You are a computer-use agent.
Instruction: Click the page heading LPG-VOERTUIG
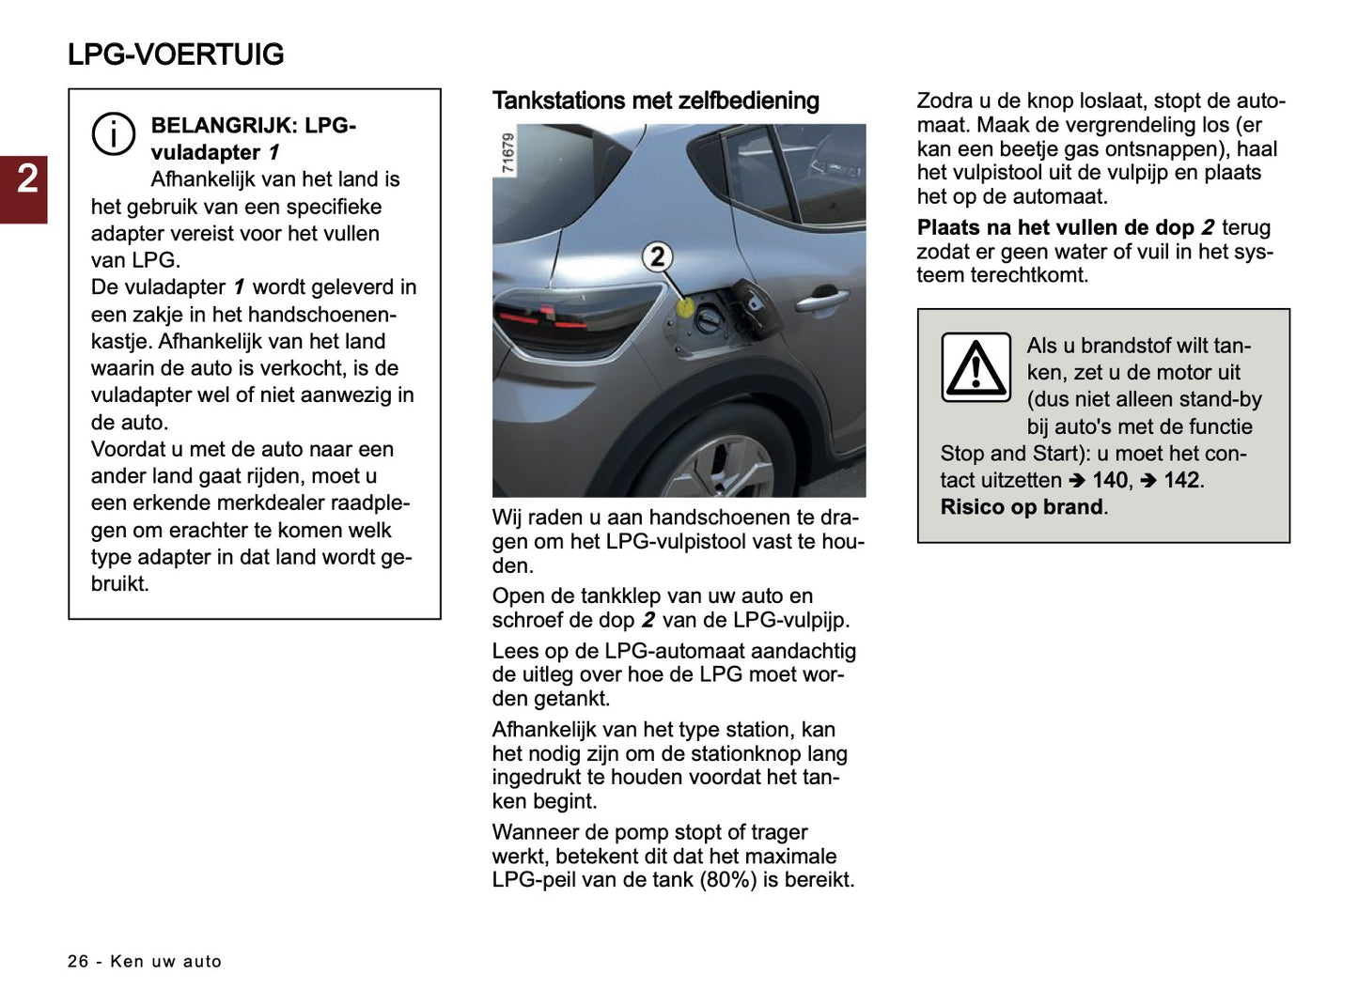click(176, 54)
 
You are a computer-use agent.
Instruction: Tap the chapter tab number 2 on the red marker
click(27, 178)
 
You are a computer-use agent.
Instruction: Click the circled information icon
click(113, 133)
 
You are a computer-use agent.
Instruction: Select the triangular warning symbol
click(976, 367)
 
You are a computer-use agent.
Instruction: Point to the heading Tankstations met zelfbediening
click(655, 100)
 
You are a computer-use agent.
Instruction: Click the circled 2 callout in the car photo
click(658, 256)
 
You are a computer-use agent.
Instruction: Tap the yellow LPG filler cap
click(686, 305)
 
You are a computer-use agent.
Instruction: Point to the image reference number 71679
click(507, 152)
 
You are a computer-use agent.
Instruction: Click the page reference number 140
click(1109, 480)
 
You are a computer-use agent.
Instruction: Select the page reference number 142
click(1181, 480)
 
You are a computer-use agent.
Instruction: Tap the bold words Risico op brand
click(1022, 507)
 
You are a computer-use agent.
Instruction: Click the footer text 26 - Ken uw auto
click(145, 961)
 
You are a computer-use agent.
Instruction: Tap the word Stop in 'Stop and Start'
click(961, 454)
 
